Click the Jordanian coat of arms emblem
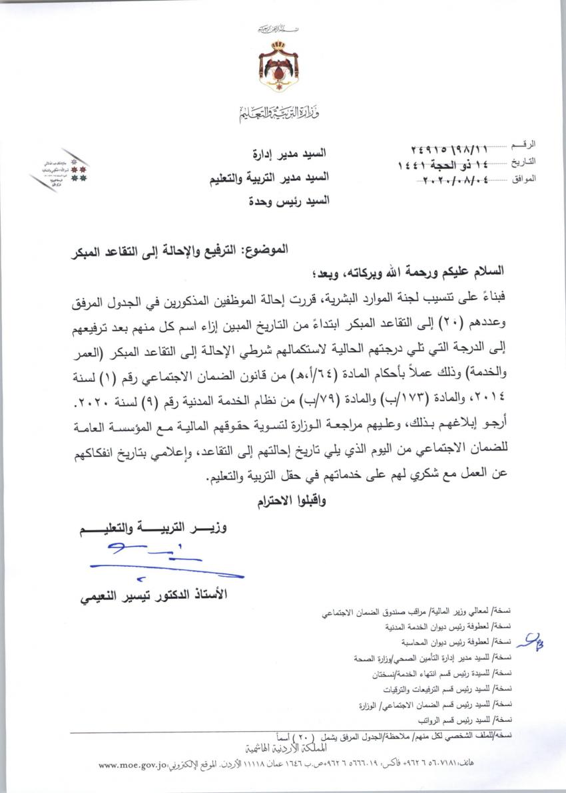pyautogui.click(x=278, y=64)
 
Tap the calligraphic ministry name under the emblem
pyautogui.click(x=279, y=113)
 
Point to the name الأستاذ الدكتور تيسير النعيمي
pyautogui.click(x=154, y=594)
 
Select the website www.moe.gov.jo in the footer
pyautogui.click(x=132, y=766)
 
